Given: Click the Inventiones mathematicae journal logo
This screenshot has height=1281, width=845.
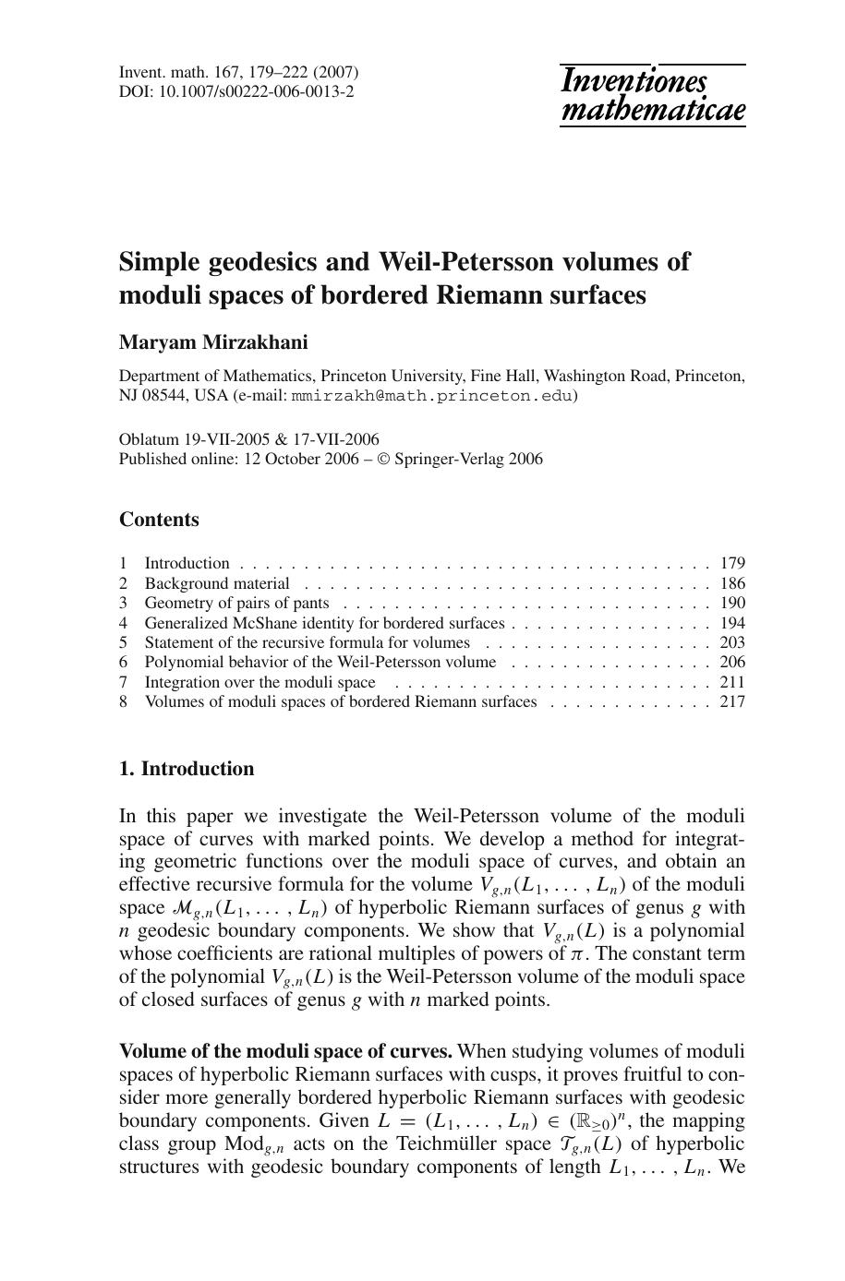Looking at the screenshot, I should [x=652, y=95].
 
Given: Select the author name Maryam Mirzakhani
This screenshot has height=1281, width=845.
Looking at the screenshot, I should [x=213, y=342].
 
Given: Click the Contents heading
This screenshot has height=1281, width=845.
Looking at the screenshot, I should [x=159, y=520].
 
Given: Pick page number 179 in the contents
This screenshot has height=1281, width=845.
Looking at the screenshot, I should [x=732, y=563].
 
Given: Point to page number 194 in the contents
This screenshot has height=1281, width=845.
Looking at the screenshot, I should [x=732, y=623].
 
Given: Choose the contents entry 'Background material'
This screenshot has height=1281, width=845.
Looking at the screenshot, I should [x=217, y=583].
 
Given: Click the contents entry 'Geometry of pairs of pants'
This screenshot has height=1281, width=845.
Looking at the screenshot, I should [x=236, y=603].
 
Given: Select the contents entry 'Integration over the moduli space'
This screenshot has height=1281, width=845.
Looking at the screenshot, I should [x=260, y=682].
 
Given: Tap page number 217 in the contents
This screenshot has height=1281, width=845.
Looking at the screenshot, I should [x=732, y=701].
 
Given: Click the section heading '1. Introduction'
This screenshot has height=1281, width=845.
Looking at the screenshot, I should [x=187, y=769].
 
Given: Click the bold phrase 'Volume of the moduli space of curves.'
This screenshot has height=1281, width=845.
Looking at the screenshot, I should [x=286, y=1051].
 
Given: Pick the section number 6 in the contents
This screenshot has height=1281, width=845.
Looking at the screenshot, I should [x=123, y=662].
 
